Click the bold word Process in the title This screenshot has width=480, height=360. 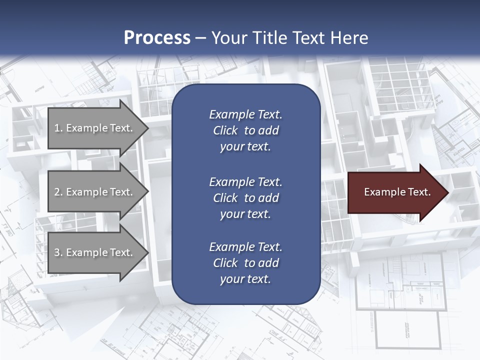157,38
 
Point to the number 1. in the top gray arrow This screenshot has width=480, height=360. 58,128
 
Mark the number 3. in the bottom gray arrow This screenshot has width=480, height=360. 58,253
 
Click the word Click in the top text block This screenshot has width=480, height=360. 225,131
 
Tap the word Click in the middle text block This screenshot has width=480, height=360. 225,198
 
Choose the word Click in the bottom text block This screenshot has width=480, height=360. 225,263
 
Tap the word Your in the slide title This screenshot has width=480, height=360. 229,38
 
